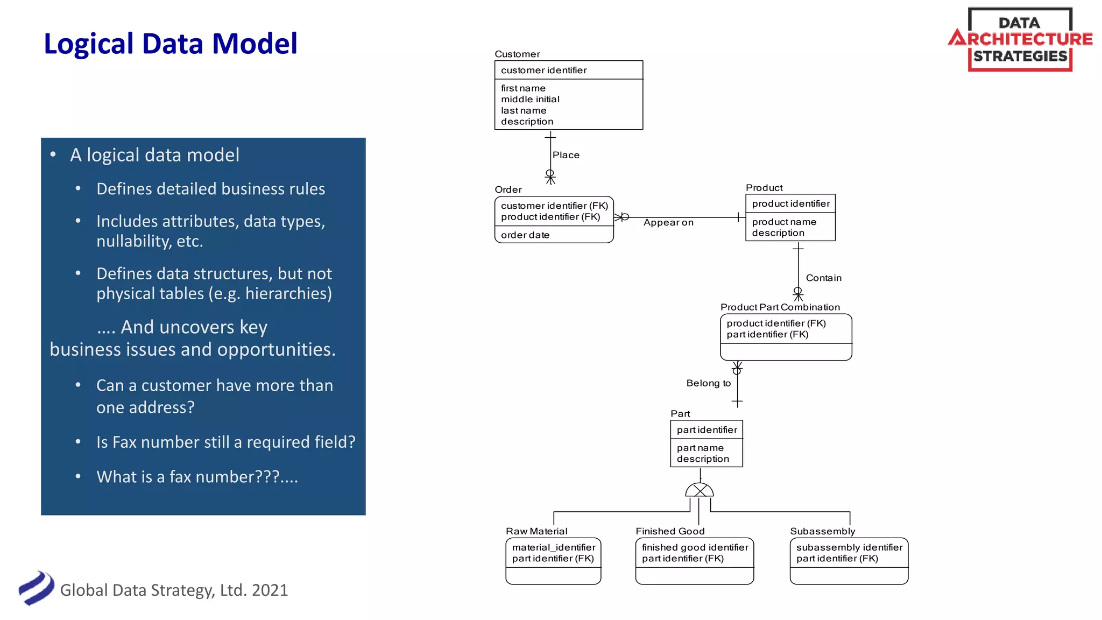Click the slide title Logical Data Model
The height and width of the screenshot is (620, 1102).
point(170,44)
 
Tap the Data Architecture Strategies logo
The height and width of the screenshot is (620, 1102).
point(1020,39)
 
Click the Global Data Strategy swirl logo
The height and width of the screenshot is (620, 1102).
point(36,588)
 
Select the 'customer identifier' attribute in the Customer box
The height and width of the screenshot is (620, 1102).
point(543,71)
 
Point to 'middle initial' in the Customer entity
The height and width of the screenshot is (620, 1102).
point(530,100)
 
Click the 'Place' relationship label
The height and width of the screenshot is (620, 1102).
point(566,155)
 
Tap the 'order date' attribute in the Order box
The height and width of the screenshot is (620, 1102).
point(525,235)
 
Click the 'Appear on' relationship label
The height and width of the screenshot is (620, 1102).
point(668,223)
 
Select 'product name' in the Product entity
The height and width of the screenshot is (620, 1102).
point(784,222)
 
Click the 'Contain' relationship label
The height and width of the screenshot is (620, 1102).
point(823,278)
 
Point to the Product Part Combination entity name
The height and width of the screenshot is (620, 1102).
point(780,307)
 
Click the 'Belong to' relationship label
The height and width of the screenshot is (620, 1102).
point(708,383)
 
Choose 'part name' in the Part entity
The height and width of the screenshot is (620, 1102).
point(700,448)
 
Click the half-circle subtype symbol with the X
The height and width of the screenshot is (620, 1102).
point(700,490)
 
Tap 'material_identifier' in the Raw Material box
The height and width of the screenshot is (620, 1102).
point(554,547)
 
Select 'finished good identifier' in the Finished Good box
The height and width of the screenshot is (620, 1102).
point(695,547)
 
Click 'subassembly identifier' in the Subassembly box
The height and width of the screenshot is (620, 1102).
point(849,547)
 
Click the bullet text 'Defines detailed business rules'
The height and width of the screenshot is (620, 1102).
point(210,189)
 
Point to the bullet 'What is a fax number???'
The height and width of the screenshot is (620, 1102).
point(197,477)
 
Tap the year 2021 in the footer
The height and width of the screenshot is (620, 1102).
point(270,590)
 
